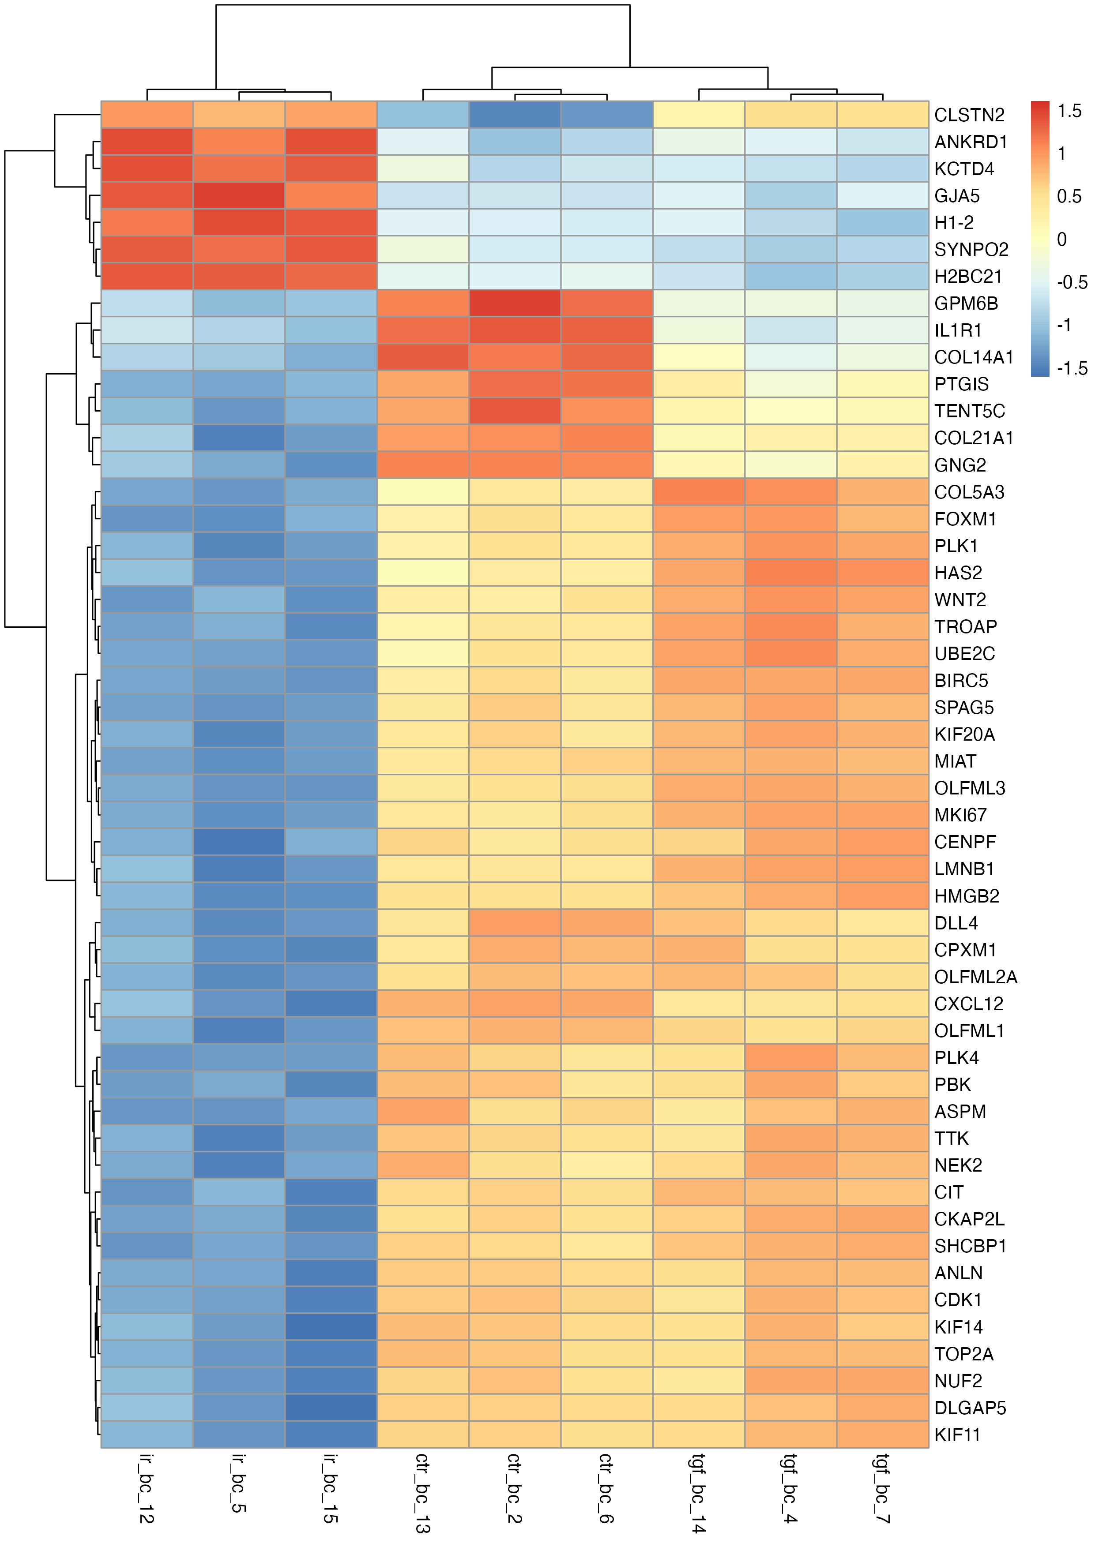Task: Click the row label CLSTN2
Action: pos(969,115)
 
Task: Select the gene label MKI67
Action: pos(960,815)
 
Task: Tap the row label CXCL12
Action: pos(968,1004)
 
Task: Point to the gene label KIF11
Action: pos(957,1435)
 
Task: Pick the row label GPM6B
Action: pos(966,304)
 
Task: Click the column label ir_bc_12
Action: pos(147,1489)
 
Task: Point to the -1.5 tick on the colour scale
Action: pos(1072,369)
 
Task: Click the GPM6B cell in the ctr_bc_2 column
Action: pos(515,303)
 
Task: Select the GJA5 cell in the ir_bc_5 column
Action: pos(239,195)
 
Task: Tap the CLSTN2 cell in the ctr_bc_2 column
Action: pos(515,115)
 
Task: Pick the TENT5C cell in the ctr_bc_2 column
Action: pos(515,411)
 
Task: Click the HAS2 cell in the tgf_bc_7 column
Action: pos(883,573)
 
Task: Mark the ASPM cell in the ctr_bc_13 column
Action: pos(423,1112)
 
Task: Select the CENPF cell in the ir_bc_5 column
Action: pos(239,842)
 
